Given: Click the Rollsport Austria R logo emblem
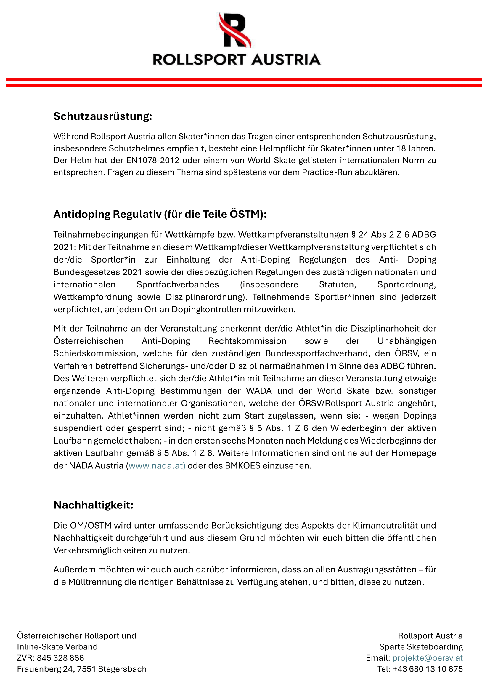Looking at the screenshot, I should point(235,30).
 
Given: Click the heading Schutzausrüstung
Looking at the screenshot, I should point(102,116).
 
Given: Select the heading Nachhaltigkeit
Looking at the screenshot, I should point(93,505).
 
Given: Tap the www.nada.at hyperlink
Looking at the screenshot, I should point(157,466).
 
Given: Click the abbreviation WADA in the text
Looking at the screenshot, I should point(258,391).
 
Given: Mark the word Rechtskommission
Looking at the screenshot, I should point(247,341).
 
